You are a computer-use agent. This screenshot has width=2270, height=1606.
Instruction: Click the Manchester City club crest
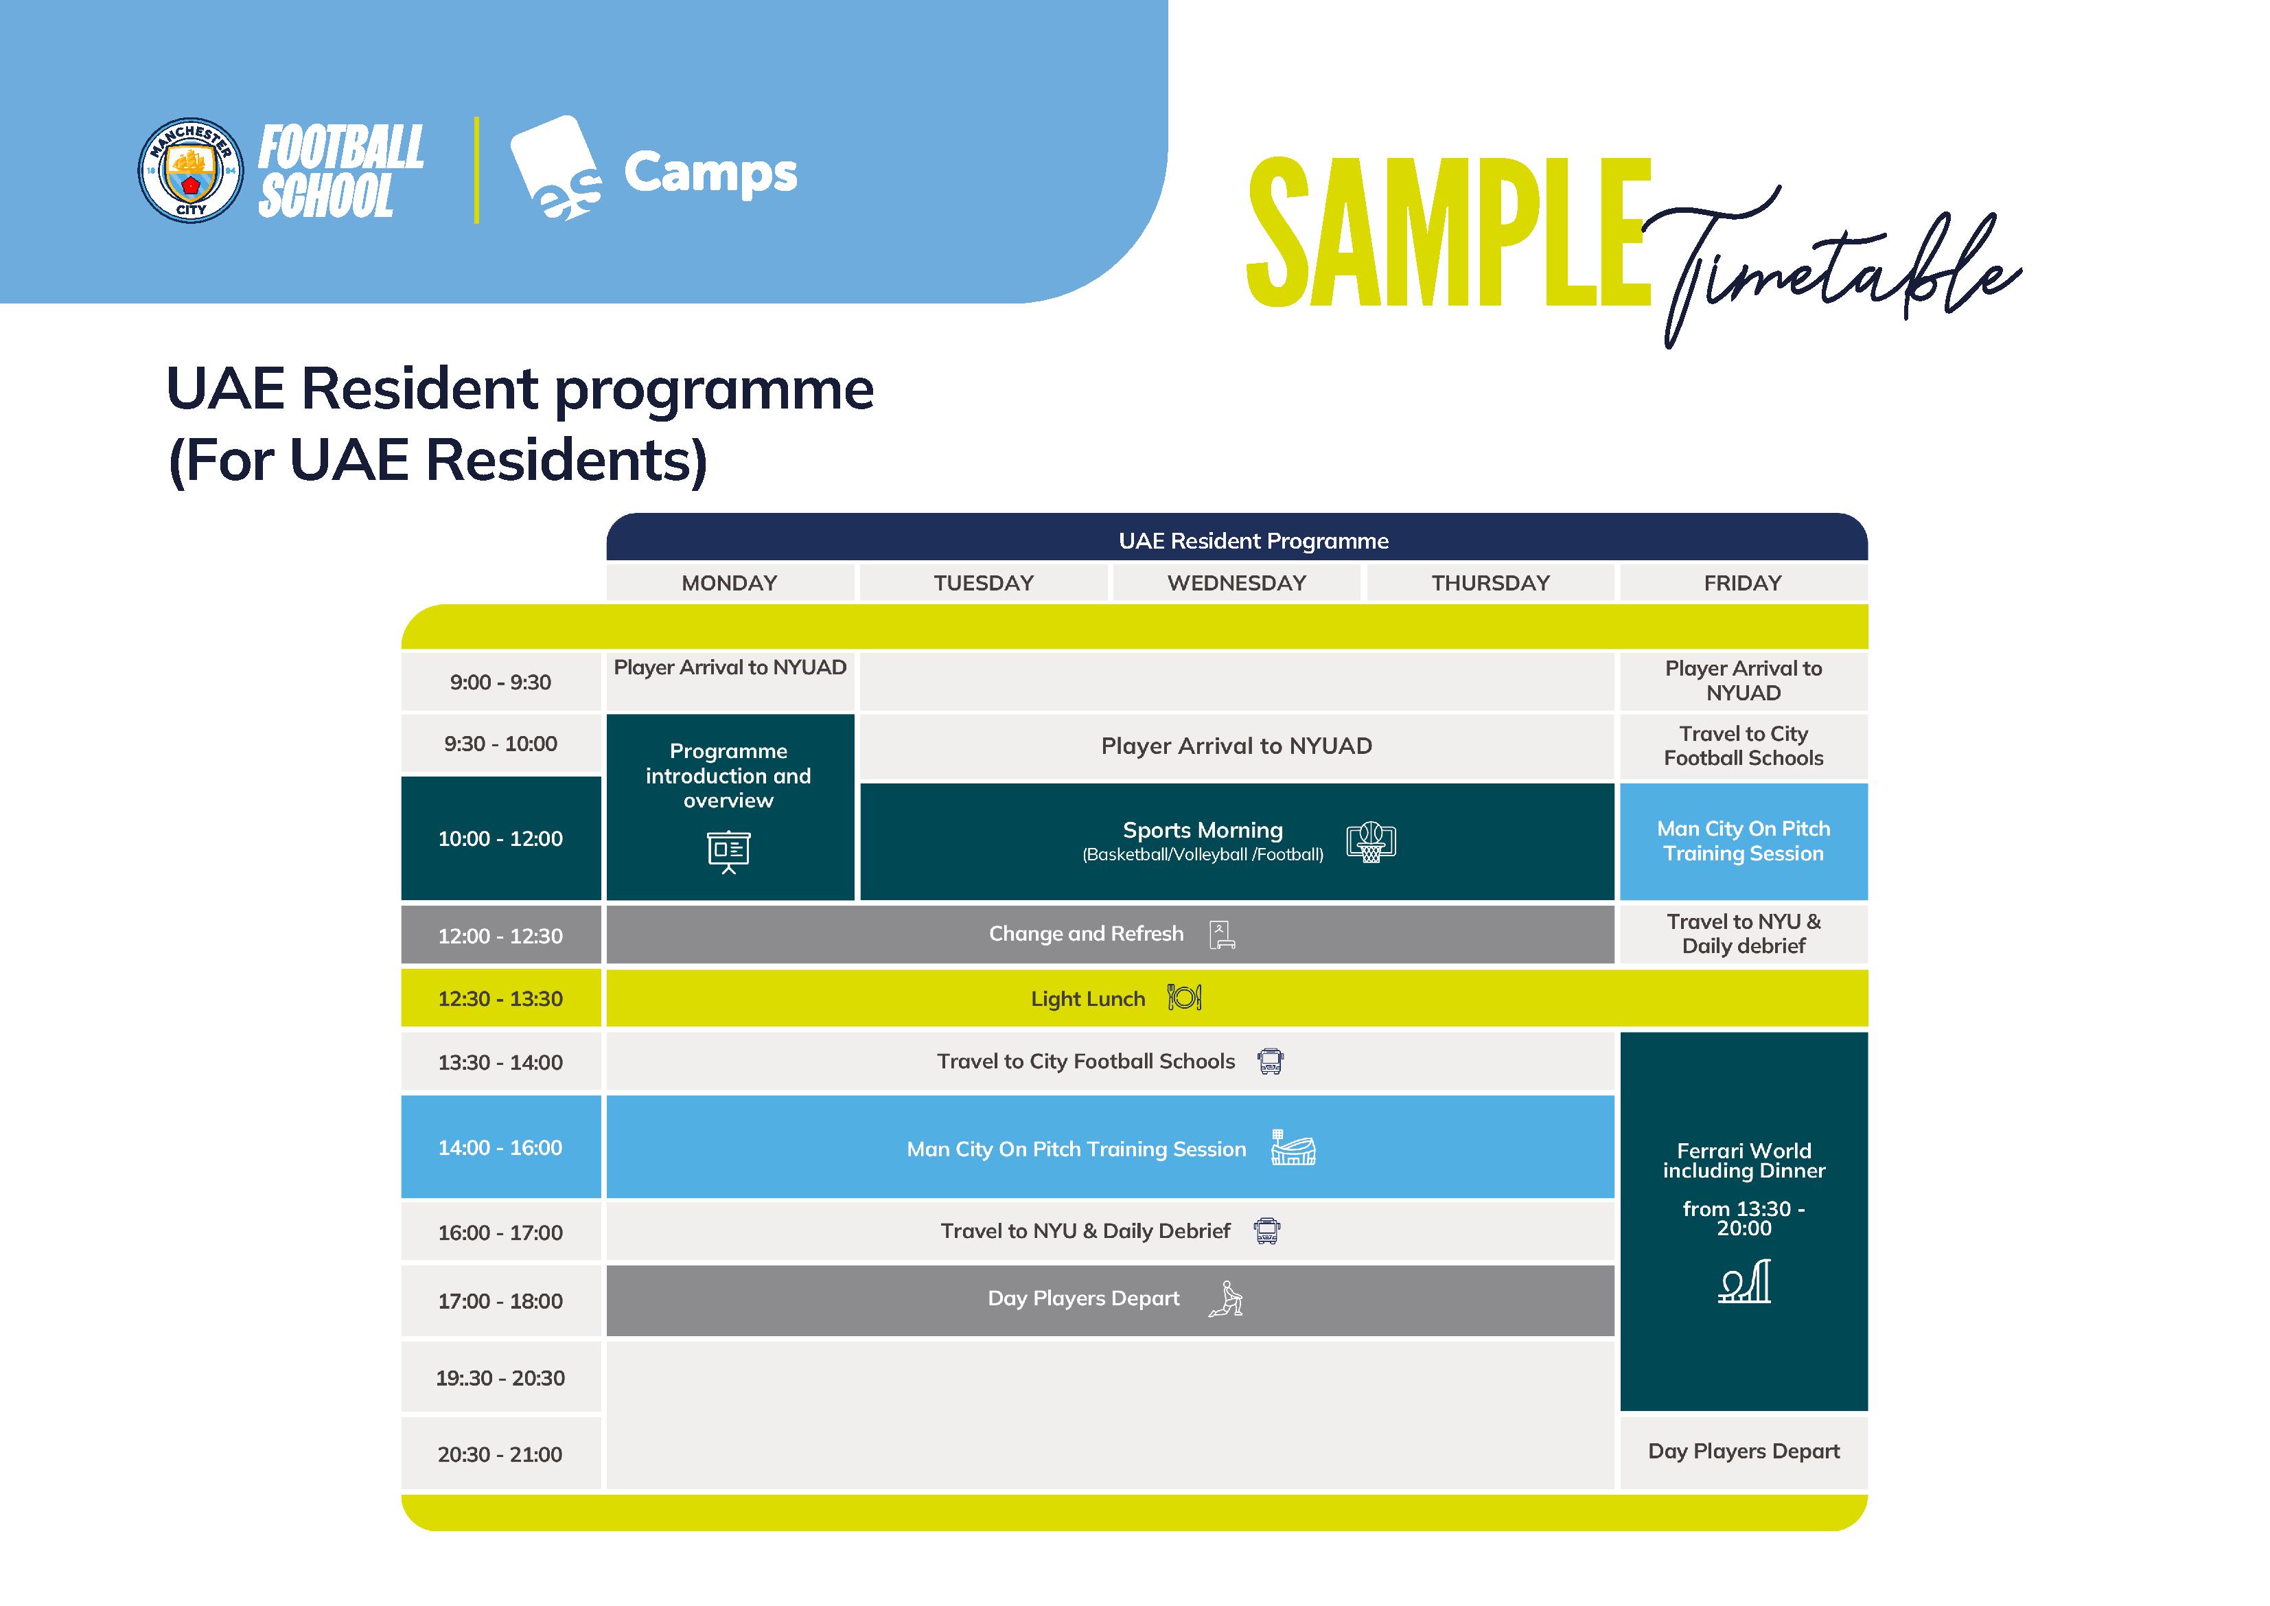[x=190, y=170]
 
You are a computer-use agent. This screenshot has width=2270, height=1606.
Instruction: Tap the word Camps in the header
[x=710, y=173]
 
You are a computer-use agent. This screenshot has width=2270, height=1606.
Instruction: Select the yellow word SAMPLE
[x=1448, y=233]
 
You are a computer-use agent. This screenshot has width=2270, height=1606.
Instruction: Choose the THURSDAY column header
[x=1490, y=582]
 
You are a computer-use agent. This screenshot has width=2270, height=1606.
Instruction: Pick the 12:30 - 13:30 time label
[x=500, y=999]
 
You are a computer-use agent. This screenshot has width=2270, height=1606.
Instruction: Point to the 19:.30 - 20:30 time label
[x=500, y=1377]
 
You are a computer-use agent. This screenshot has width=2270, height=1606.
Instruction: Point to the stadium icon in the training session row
[x=1293, y=1148]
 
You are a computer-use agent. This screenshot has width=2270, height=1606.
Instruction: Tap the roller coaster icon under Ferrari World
[x=1744, y=1283]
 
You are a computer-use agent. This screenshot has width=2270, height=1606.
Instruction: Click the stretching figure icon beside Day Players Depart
[x=1226, y=1298]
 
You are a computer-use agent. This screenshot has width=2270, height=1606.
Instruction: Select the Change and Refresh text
[x=1085, y=934]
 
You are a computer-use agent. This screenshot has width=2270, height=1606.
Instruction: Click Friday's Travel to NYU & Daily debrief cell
[x=1743, y=934]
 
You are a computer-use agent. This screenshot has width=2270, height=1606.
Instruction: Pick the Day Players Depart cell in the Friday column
[x=1743, y=1451]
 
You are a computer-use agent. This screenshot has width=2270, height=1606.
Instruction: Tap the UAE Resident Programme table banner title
[x=1253, y=541]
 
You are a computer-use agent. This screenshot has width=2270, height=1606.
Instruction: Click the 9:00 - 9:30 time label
[x=500, y=682]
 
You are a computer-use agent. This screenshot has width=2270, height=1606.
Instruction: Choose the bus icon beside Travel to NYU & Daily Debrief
[x=1266, y=1231]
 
